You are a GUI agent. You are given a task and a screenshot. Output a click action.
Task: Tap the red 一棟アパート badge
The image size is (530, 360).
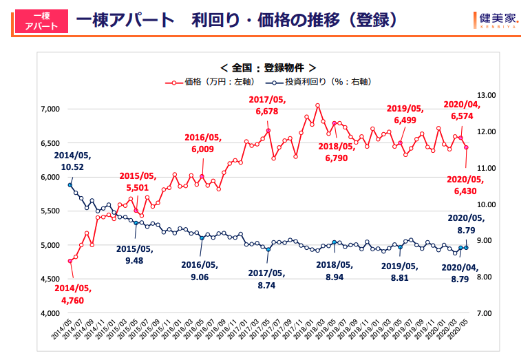(x=36, y=20)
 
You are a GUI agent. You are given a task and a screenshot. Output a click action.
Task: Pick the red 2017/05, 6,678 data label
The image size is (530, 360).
(x=266, y=105)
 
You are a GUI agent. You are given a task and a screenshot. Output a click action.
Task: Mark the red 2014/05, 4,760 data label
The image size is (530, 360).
(x=72, y=295)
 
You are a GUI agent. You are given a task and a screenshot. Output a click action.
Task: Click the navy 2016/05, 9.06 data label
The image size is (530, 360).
(x=200, y=271)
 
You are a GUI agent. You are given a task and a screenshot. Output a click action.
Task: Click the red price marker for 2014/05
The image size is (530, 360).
(x=70, y=261)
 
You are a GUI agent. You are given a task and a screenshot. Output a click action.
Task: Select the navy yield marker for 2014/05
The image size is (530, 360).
(x=70, y=184)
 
